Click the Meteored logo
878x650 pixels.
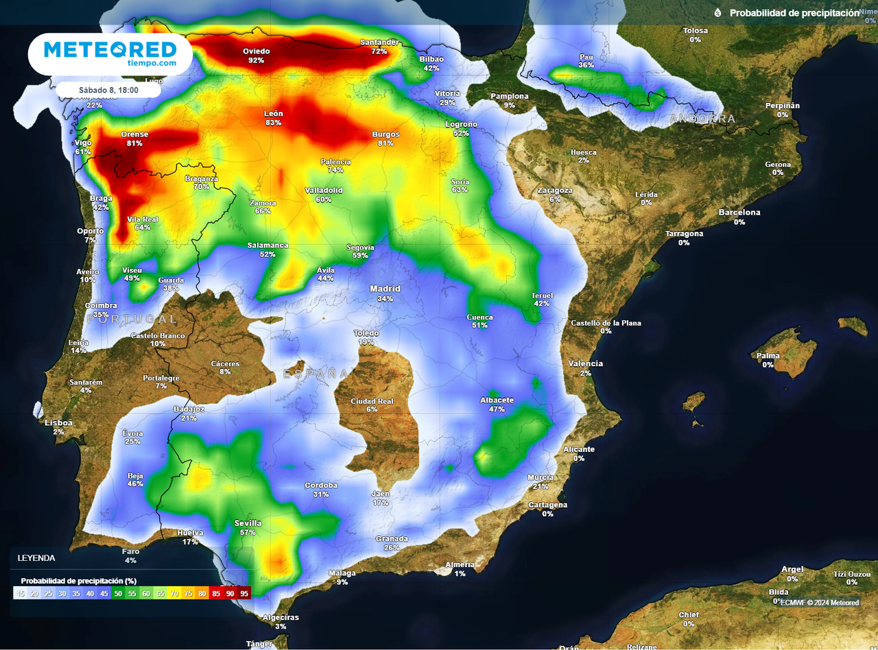point(110,53)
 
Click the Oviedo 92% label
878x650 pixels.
point(257,56)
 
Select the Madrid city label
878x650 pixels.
point(385,289)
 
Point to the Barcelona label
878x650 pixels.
point(739,213)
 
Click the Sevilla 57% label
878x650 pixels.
point(248,527)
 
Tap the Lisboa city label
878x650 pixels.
point(58,423)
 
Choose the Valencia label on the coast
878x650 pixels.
point(585,363)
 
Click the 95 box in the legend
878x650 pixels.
point(244,594)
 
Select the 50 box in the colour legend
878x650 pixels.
point(118,594)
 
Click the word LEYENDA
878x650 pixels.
point(36,558)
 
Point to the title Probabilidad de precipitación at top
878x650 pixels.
point(794,13)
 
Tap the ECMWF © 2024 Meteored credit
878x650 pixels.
point(819,603)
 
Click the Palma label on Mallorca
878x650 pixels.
point(768,356)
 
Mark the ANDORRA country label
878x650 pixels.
point(702,119)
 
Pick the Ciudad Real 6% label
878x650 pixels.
point(372,405)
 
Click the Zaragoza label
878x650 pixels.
point(555,191)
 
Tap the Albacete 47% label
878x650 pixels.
point(497,405)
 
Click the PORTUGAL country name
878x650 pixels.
point(132,319)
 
